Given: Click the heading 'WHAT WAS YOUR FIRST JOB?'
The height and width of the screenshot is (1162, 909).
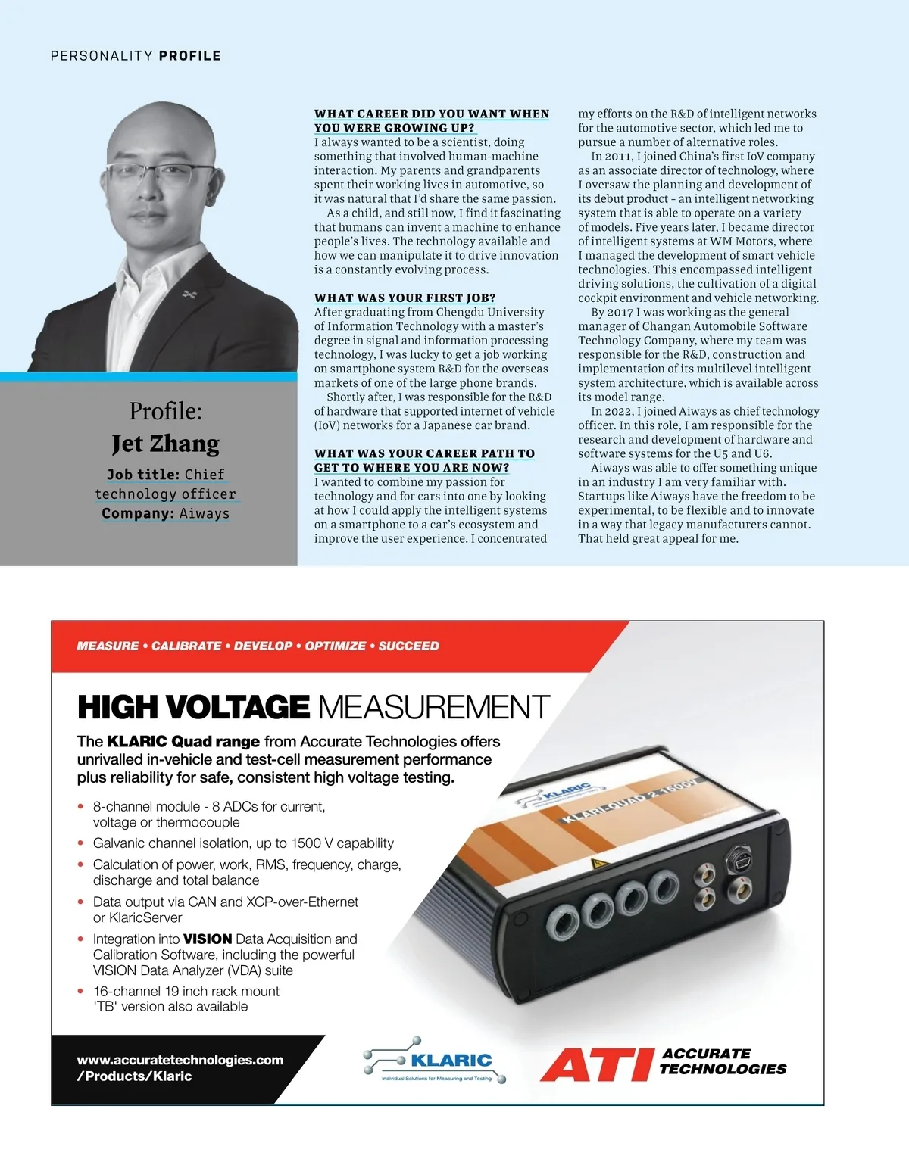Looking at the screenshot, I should click(405, 298).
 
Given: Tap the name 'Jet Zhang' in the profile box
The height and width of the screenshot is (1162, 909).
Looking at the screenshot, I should click(165, 443).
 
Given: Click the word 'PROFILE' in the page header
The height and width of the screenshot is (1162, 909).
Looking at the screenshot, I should click(189, 55).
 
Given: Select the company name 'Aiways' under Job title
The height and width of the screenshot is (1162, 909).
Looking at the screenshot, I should click(204, 513).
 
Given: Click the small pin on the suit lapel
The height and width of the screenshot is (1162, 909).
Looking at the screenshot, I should click(189, 293).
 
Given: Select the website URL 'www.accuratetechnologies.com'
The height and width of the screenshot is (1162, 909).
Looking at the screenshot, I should click(180, 1060).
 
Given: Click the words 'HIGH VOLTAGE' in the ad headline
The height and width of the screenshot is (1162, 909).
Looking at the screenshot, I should click(193, 707).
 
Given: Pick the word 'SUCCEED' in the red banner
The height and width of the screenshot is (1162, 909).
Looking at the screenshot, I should click(408, 646).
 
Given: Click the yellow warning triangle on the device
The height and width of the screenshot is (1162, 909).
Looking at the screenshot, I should click(598, 863).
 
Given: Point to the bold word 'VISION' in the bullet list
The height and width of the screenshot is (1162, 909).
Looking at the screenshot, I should click(208, 939).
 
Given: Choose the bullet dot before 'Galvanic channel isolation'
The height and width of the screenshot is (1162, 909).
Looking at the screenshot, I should click(81, 843).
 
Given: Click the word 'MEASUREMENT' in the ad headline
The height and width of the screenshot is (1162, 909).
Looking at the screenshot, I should click(433, 707).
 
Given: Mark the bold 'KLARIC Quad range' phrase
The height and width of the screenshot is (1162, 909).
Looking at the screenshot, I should click(183, 741).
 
